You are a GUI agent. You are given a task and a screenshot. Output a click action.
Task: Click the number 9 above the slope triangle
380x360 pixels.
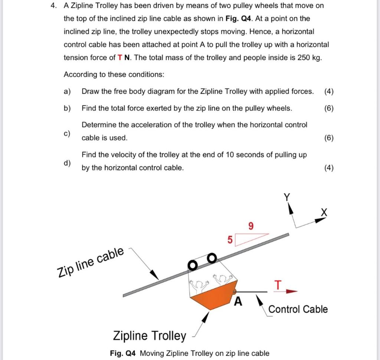251,226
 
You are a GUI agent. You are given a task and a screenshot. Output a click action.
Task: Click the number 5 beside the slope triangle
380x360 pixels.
229,240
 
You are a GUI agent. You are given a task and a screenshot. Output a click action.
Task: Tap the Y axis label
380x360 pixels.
287,197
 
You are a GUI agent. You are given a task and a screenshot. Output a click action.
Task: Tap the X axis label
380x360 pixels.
324,212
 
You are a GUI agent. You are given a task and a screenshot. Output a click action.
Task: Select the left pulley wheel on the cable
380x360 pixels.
193,265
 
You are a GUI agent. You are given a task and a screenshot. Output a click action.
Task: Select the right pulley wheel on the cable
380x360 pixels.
211,257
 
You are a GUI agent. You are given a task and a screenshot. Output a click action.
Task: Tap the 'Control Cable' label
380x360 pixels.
298,309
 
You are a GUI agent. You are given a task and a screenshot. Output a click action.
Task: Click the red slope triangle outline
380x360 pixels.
250,238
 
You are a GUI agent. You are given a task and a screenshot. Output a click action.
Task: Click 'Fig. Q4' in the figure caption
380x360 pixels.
123,353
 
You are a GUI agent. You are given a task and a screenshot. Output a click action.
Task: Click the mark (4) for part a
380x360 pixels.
328,91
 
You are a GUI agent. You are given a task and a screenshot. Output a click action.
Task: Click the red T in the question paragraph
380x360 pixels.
119,58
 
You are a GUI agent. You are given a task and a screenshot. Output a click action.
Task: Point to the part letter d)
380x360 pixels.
67,163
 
